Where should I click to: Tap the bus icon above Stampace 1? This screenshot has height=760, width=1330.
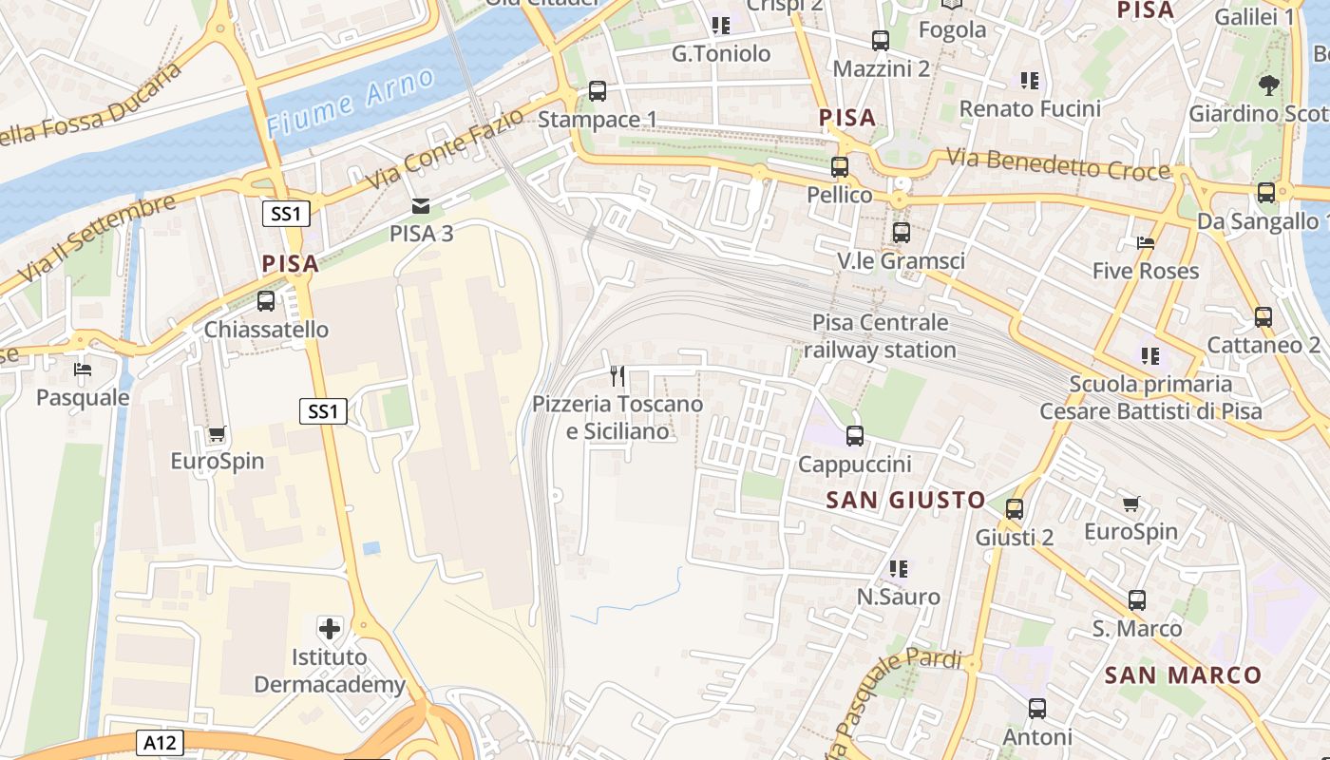(x=597, y=91)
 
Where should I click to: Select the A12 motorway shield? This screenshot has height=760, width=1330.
(x=159, y=742)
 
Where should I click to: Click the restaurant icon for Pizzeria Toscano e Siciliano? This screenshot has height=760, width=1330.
(x=617, y=376)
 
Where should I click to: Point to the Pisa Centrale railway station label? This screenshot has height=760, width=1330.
(x=880, y=336)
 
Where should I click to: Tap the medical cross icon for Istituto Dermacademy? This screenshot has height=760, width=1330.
(x=330, y=628)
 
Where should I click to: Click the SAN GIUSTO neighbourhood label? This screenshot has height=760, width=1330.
(x=905, y=500)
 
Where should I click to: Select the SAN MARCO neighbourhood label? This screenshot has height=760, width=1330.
(x=1183, y=675)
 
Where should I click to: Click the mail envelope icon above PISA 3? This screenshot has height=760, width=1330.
(x=420, y=206)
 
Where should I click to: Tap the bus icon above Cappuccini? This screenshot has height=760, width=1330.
(x=855, y=436)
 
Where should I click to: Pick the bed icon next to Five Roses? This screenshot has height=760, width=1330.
(x=1146, y=243)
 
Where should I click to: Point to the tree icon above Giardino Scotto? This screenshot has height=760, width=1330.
(x=1268, y=85)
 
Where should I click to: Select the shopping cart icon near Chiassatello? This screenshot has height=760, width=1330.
(x=217, y=434)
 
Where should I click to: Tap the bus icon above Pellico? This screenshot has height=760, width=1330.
(x=840, y=167)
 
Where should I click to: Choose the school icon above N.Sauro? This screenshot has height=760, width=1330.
(x=898, y=569)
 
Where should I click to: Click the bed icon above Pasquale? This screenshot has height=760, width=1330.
(x=83, y=370)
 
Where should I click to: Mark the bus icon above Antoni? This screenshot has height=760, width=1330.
(x=1037, y=709)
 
